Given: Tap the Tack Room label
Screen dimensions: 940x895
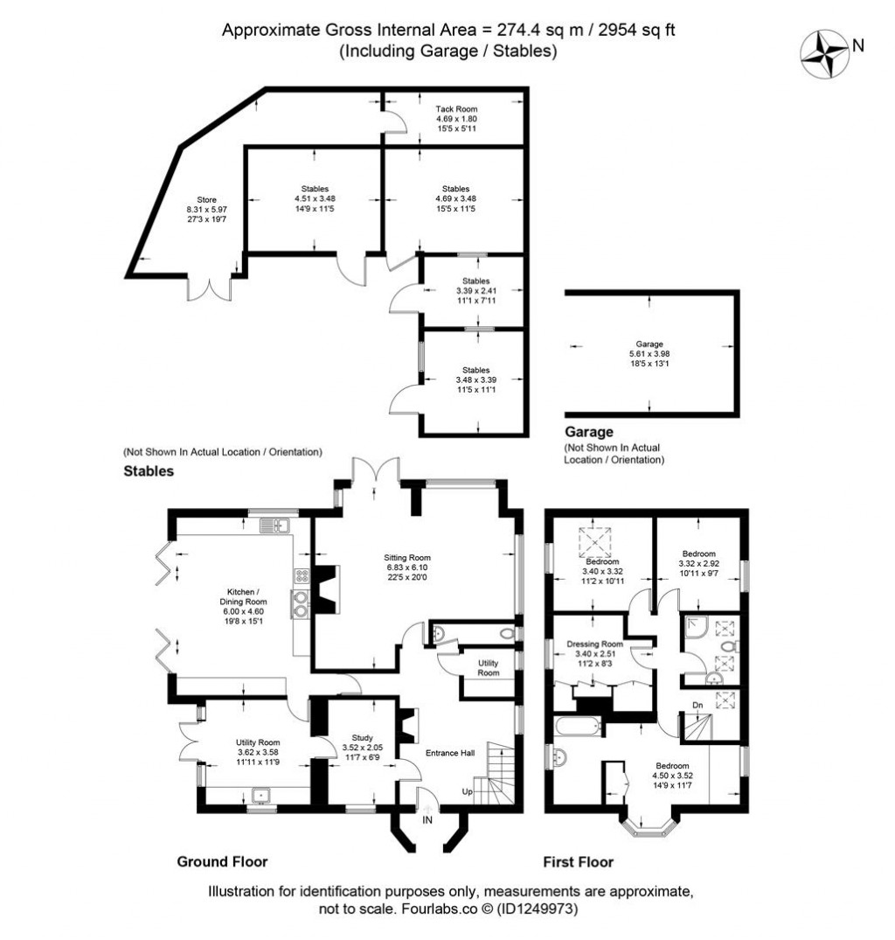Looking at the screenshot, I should [456, 108].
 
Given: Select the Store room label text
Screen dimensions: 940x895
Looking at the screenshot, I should [206, 199].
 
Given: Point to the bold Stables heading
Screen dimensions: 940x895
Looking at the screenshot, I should [149, 470].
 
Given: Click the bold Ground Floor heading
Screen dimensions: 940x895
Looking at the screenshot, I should [222, 861].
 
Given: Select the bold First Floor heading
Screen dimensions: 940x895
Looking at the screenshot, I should [578, 861].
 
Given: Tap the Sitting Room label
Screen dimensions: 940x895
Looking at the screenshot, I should [407, 557].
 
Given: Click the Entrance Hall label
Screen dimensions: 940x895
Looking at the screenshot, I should [449, 753].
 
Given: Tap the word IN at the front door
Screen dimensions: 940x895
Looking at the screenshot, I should [427, 820].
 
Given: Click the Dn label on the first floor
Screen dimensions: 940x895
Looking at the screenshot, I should [697, 705].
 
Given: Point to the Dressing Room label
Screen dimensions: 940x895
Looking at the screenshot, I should [599, 644].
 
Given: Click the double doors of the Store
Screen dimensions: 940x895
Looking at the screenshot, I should [210, 289].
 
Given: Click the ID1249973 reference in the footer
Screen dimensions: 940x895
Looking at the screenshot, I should [534, 909].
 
